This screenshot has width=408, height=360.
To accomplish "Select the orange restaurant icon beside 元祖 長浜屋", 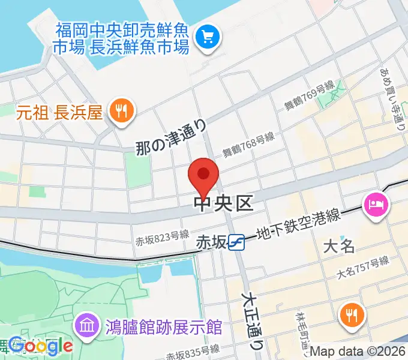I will [x=122, y=110].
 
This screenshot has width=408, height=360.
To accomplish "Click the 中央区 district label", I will [x=224, y=204].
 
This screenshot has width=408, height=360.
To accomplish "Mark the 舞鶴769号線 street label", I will [x=308, y=96].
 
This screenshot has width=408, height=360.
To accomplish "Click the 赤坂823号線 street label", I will [x=162, y=238].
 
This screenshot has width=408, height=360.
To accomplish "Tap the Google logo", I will [x=41, y=346].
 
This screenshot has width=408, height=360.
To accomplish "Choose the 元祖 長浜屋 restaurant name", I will [x=59, y=112].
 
